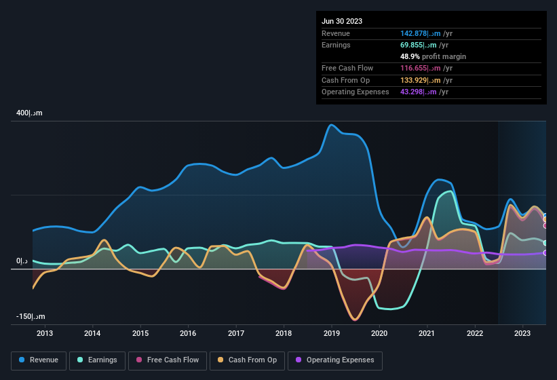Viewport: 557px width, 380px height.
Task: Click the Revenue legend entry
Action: click(x=38, y=360)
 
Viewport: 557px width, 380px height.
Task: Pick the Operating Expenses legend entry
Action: click(x=334, y=360)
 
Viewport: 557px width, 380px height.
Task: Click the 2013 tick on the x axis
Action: click(x=45, y=333)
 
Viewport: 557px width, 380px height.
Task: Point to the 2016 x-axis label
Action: click(x=188, y=333)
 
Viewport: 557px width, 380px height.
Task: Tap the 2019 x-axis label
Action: click(x=332, y=333)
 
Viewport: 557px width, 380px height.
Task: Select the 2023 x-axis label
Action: click(x=522, y=333)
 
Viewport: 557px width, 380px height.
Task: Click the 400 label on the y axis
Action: click(x=30, y=113)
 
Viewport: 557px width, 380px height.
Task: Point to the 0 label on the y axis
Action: click(x=22, y=261)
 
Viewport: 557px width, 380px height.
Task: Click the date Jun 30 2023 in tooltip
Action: click(x=342, y=21)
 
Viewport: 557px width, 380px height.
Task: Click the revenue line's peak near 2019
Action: click(x=331, y=125)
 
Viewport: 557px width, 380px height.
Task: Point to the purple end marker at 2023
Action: click(x=545, y=252)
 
